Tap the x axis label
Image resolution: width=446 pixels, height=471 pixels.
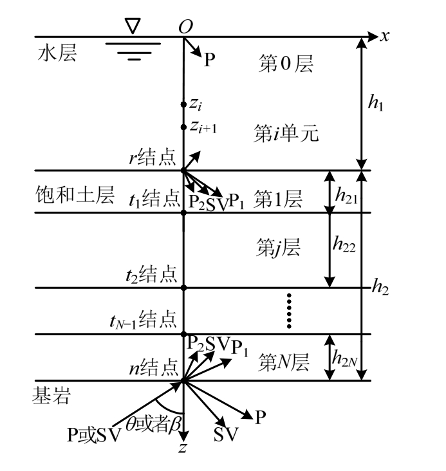(385, 36)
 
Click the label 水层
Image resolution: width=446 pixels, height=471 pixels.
(57, 54)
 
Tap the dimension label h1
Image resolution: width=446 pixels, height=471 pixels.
(373, 103)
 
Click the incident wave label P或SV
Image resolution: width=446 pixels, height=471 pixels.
(94, 435)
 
